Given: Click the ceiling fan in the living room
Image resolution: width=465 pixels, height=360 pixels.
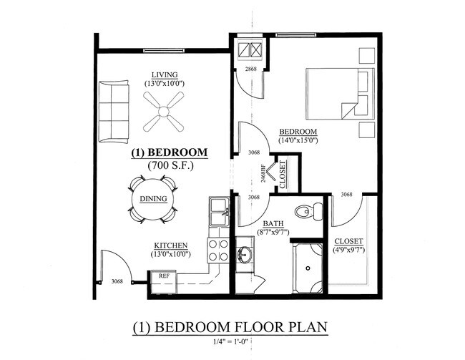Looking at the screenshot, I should click(x=164, y=113).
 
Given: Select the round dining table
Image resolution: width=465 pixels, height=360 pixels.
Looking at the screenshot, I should click(x=153, y=199).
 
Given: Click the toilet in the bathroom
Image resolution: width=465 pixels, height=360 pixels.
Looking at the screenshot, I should click(x=311, y=210).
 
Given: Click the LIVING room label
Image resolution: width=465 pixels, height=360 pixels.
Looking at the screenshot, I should click(x=164, y=75).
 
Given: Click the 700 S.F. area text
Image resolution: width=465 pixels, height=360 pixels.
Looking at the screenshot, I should click(x=169, y=165).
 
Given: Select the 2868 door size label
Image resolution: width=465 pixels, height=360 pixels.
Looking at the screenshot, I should click(x=250, y=69).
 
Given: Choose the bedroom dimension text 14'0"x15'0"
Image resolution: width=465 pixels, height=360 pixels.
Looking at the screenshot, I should click(x=298, y=140).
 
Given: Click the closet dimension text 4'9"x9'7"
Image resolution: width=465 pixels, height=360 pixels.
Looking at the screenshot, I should click(x=348, y=250).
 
